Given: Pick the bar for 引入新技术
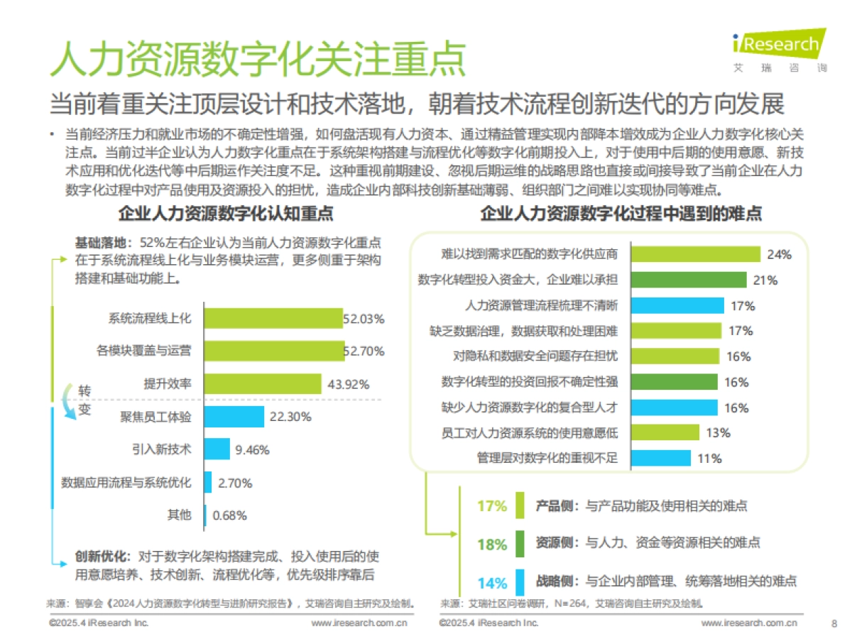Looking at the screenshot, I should coord(217,449).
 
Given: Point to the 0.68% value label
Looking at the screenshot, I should coord(229,515).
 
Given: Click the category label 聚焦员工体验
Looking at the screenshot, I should coord(155,417).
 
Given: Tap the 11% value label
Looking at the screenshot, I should coord(709,458).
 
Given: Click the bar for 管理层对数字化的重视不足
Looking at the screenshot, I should coord(660,458).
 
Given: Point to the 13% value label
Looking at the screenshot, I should coord(718,432).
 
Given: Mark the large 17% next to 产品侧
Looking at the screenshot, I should coord(492,506).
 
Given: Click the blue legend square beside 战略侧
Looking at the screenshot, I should coord(520,582).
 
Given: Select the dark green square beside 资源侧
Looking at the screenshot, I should coord(520,543).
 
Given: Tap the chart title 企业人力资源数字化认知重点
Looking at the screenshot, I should coord(225,214).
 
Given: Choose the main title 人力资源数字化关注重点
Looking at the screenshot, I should coord(257,59).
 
